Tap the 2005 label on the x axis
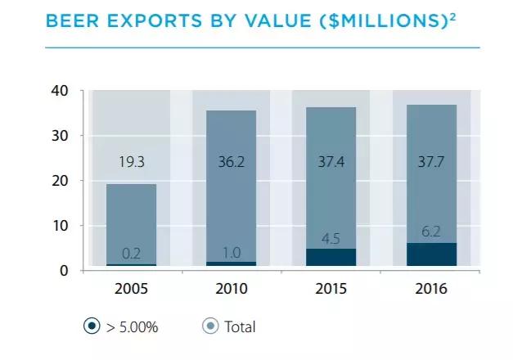131,290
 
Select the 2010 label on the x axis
231,290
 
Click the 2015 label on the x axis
331,290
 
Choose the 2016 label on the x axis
431,290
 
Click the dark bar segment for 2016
431,254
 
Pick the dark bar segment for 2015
331,258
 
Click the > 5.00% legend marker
92,326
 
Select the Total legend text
240,327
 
